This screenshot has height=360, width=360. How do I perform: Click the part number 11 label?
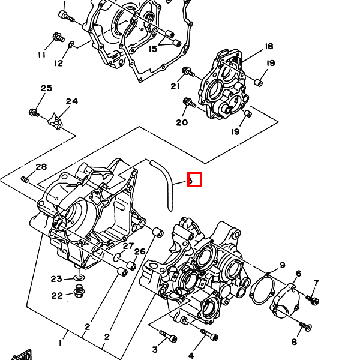(x=41, y=55)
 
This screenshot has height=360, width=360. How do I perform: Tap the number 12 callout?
(x=59, y=63)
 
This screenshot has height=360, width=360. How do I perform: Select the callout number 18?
(x=268, y=46)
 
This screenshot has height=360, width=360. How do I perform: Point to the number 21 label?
(x=175, y=86)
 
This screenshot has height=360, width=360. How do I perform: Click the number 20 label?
(x=182, y=122)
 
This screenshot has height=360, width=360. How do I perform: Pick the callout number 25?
(x=47, y=89)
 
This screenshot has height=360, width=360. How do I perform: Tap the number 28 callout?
(x=41, y=167)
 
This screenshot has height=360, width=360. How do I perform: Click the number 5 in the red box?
(x=194, y=179)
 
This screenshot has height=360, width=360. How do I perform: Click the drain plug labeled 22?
(x=78, y=292)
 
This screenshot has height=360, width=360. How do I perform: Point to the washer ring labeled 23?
(x=79, y=279)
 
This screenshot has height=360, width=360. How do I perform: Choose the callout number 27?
(x=128, y=246)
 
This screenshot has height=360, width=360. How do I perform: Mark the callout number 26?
(x=140, y=251)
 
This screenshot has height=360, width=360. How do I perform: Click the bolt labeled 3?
(x=167, y=334)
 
